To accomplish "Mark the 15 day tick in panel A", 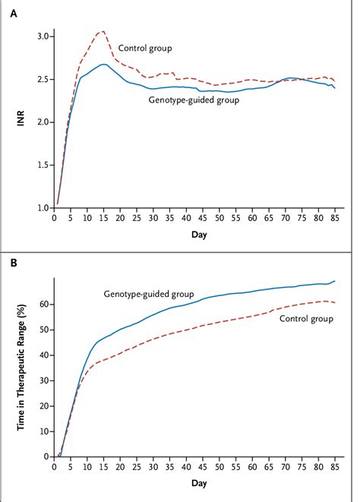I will (102, 219).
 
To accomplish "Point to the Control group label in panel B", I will (307, 320).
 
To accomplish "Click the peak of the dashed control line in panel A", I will (103, 32).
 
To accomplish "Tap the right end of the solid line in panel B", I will (334, 281).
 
